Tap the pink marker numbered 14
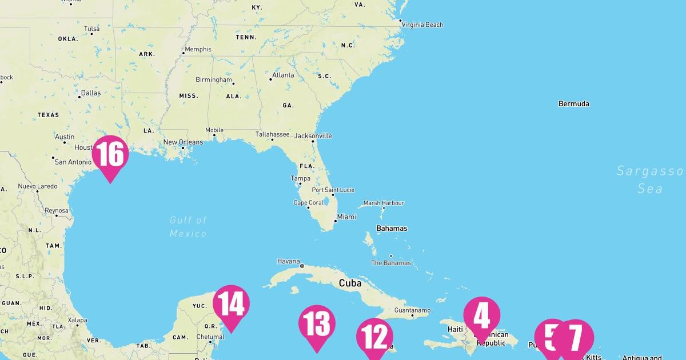(x=231, y=303)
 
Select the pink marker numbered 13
(x=317, y=324)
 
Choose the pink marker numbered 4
(x=481, y=315)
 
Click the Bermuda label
(x=573, y=104)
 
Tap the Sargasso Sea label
(x=650, y=179)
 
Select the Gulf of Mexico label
(x=188, y=226)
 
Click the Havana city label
(x=288, y=261)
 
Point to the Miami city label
(x=346, y=217)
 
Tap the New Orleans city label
(x=183, y=142)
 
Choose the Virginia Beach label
(x=422, y=25)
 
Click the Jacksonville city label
(x=313, y=136)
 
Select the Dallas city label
(x=90, y=93)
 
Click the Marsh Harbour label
(x=384, y=203)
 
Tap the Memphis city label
(x=198, y=49)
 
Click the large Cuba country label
(x=350, y=283)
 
